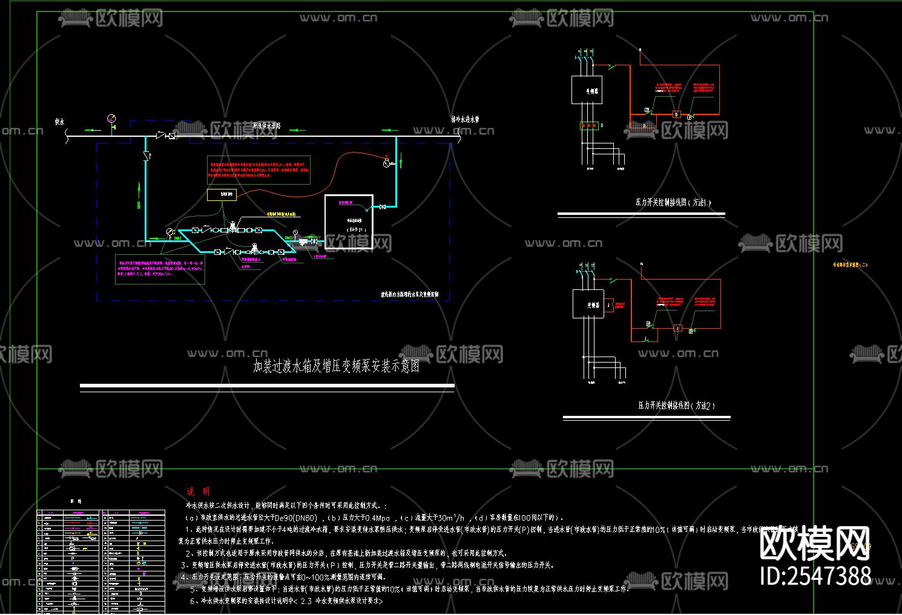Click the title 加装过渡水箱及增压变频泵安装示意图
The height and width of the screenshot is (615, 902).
[x=336, y=366]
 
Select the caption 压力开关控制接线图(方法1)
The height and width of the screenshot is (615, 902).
[x=673, y=202]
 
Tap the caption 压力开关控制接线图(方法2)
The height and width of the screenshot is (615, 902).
[x=676, y=406]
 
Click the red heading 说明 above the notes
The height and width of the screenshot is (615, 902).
[x=198, y=492]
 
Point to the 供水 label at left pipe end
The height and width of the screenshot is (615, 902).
[x=59, y=122]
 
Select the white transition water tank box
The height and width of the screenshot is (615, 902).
[x=349, y=222]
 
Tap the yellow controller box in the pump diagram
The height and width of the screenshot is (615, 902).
[x=222, y=194]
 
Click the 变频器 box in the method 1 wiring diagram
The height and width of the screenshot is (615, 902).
[x=587, y=91]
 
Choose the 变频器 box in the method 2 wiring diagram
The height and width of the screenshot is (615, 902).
[x=588, y=304]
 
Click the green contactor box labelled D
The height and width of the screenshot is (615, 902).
[x=588, y=125]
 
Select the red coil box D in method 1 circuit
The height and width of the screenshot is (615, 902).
[x=677, y=114]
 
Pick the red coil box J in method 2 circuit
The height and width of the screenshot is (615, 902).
[x=678, y=328]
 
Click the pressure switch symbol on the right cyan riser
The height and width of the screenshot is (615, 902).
[x=387, y=163]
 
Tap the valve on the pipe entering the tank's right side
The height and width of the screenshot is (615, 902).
[x=383, y=207]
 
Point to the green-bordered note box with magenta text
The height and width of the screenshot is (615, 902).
[x=160, y=269]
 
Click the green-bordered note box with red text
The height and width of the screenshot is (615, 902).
[x=258, y=170]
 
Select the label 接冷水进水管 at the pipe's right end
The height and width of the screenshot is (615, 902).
[x=465, y=120]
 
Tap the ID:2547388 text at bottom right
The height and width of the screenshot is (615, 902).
[x=815, y=575]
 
